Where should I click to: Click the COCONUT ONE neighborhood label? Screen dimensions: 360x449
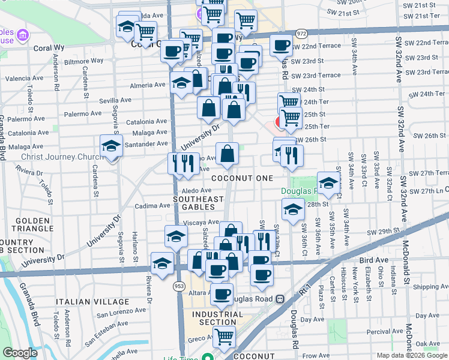click(242, 178)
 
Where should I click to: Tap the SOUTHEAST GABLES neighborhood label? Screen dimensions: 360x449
click(197, 203)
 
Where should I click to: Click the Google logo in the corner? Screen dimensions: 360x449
click(20, 353)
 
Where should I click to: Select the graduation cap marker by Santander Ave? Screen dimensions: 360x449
click(111, 147)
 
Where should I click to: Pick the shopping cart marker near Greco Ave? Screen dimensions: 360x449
click(224, 337)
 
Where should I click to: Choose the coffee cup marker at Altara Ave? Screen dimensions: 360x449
click(221, 294)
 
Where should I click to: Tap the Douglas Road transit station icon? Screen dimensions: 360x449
click(280, 299)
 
